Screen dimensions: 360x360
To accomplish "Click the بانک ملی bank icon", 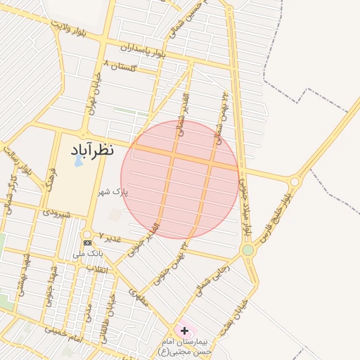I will (87, 243).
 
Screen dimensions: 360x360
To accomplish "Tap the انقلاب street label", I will (94, 269).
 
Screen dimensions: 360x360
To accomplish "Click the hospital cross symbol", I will (184, 330).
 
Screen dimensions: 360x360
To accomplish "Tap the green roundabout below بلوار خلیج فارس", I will (247, 250).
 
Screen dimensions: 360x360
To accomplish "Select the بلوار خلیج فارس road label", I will (275, 219).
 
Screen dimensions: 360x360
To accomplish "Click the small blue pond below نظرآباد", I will (77, 162).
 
